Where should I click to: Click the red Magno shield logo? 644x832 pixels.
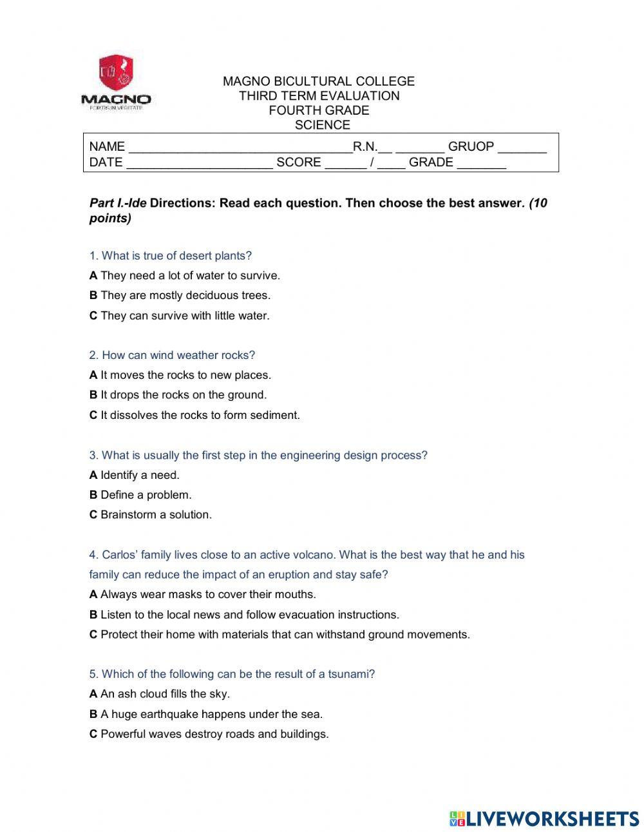(x=115, y=73)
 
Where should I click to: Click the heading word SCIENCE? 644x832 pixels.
(x=322, y=125)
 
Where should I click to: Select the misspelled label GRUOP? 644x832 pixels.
(x=471, y=147)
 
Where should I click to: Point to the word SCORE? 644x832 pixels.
(x=298, y=162)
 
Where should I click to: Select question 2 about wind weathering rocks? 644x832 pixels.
(x=172, y=355)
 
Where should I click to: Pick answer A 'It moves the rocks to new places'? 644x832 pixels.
(x=180, y=375)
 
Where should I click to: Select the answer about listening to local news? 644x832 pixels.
(x=244, y=615)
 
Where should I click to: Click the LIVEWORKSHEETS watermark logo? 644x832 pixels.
(x=544, y=818)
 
